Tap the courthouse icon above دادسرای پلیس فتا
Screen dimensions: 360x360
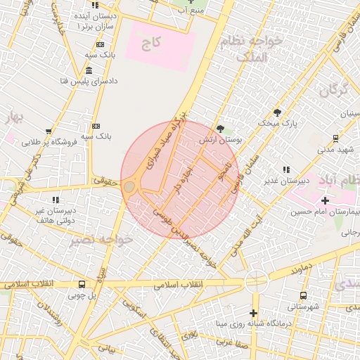pyautogui.click(x=89, y=70)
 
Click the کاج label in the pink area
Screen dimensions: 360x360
pyautogui.click(x=150, y=43)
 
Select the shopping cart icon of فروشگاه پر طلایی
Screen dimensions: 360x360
pyautogui.click(x=49, y=131)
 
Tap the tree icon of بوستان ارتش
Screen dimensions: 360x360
pyautogui.click(x=221, y=129)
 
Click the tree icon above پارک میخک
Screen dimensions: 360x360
pyautogui.click(x=277, y=112)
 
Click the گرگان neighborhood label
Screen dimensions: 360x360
pyautogui.click(x=333, y=90)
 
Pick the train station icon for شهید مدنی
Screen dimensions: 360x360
pyautogui.click(x=335, y=138)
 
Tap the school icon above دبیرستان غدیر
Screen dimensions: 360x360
pyautogui.click(x=285, y=169)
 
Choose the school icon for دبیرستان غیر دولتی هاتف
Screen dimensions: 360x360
pyautogui.click(x=55, y=200)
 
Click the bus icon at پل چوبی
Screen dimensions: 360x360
pyautogui.click(x=82, y=285)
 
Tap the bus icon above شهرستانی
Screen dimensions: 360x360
pyautogui.click(x=303, y=296)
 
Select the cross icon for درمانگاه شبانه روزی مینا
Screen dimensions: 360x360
pyautogui.click(x=254, y=313)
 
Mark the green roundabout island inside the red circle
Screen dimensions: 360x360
pyautogui.click(x=130, y=187)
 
